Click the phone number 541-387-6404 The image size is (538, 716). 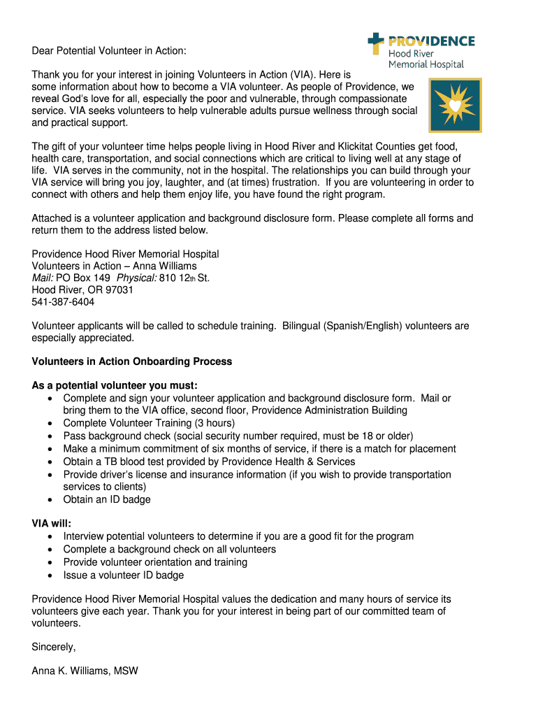[63, 302]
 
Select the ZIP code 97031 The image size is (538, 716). [118, 289]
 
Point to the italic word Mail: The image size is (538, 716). [43, 278]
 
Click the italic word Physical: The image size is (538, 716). [136, 278]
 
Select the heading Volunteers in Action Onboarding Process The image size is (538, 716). [132, 361]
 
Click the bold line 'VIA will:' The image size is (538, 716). [52, 523]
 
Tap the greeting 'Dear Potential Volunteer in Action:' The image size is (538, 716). [109, 52]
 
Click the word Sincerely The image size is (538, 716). [54, 647]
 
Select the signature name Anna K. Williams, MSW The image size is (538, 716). [85, 671]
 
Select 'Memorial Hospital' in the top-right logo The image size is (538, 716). [426, 64]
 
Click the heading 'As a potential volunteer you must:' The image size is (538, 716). [115, 385]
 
